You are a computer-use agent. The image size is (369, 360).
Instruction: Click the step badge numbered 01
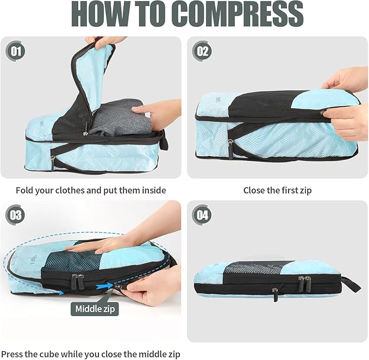[16, 52]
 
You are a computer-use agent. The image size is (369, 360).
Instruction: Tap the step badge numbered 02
[202, 52]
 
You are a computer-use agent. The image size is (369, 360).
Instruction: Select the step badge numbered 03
[16, 215]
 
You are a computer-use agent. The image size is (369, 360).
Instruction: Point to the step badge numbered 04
[202, 215]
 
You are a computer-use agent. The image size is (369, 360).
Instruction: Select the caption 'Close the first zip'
[277, 190]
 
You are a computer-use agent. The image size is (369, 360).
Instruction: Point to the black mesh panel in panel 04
[255, 268]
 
